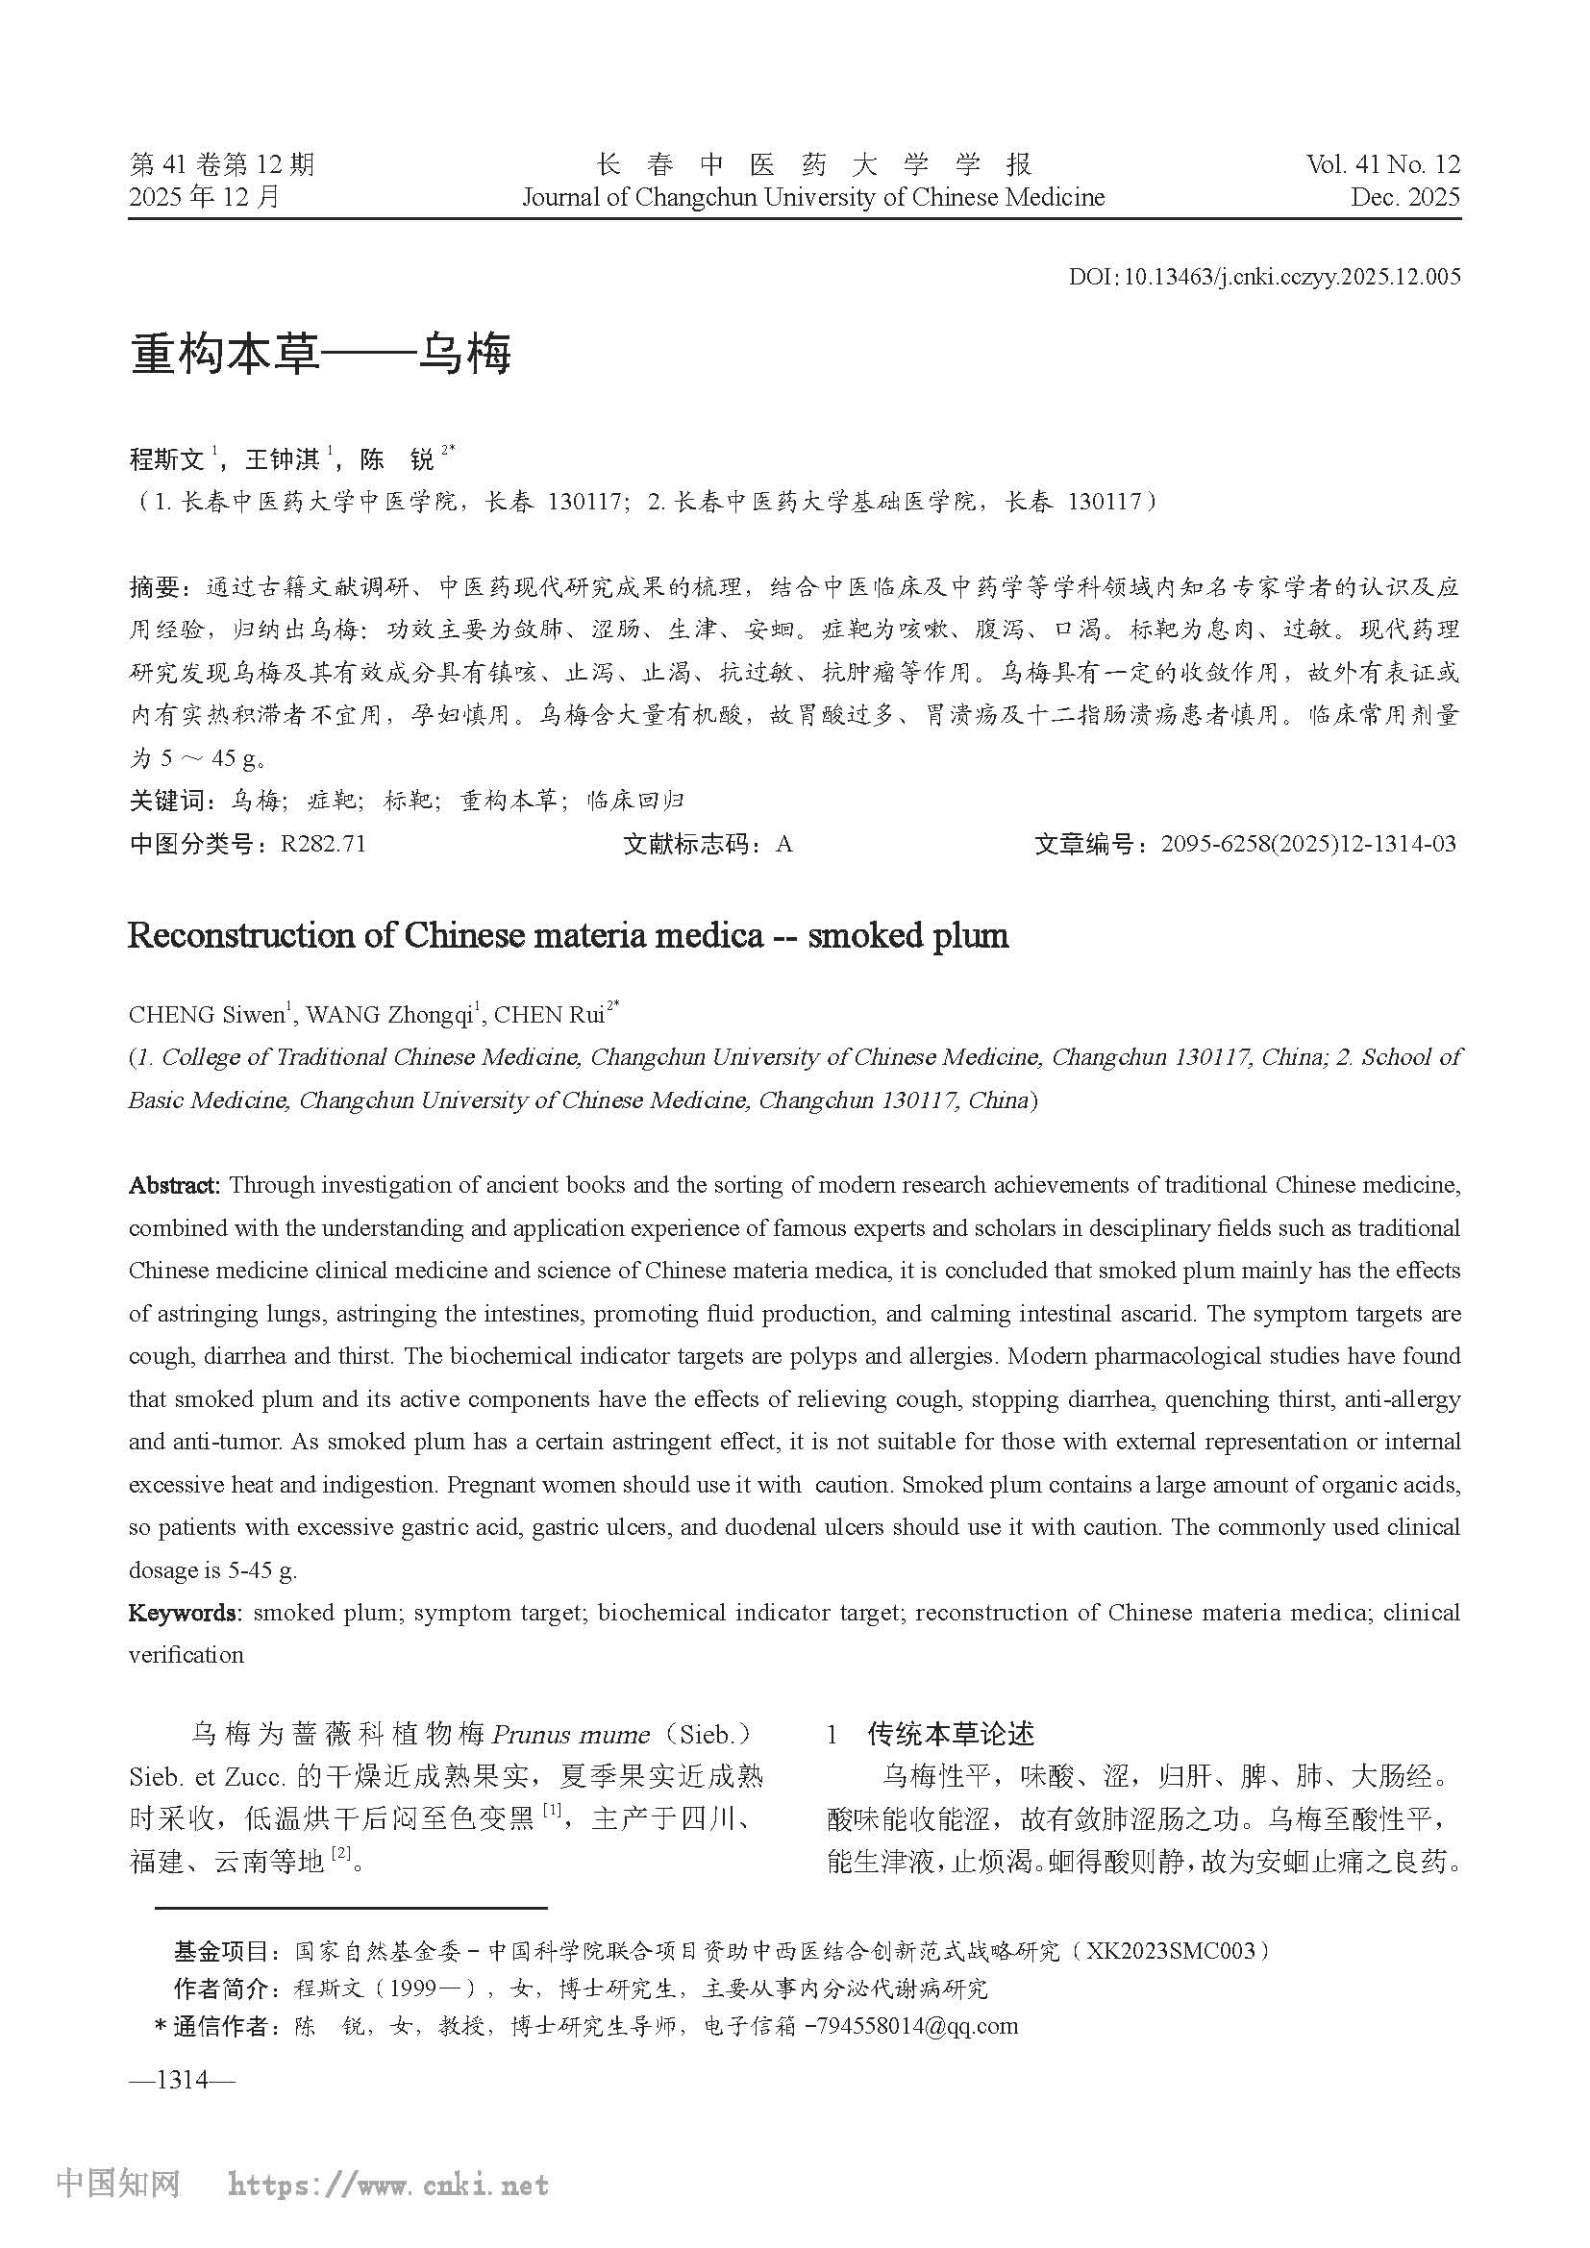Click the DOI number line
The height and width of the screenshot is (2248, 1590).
click(1263, 277)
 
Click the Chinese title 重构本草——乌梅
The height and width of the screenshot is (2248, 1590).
click(320, 355)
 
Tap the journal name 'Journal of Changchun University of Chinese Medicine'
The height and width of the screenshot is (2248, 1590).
click(812, 198)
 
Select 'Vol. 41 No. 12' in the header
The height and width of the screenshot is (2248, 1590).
click(1382, 164)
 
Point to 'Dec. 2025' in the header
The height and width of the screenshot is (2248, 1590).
click(1405, 198)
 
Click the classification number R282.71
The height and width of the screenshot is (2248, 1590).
click(322, 844)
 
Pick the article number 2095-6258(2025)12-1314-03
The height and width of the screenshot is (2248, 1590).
click(1308, 844)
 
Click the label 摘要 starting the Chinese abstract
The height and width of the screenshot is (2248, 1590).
click(155, 587)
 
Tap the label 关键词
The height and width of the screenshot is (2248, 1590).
click(167, 801)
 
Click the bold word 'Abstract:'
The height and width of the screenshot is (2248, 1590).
click(175, 1186)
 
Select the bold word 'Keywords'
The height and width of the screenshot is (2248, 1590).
click(183, 1613)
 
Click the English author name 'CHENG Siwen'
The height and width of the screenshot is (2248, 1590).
click(206, 1015)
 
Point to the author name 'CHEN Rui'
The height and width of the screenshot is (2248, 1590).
click(548, 1015)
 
